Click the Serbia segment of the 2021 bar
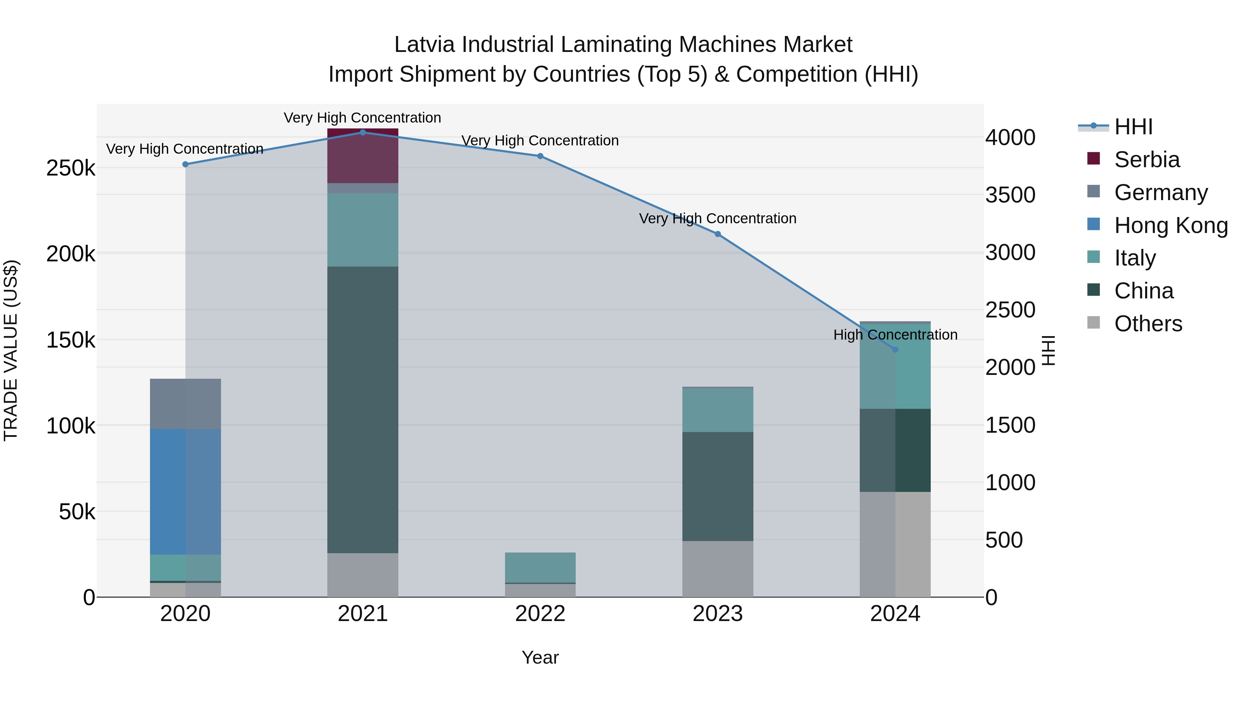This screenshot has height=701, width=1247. (363, 156)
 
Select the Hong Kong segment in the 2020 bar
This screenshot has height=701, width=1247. (185, 492)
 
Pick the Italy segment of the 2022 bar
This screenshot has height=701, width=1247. (540, 567)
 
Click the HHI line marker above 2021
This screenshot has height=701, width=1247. (363, 133)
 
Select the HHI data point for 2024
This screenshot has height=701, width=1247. (895, 349)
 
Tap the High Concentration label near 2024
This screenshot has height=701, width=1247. (895, 335)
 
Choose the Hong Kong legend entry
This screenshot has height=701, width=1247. (1170, 225)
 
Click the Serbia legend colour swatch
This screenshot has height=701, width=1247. (1093, 159)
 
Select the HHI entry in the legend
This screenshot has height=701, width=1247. (1133, 127)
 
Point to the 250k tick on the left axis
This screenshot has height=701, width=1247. (71, 168)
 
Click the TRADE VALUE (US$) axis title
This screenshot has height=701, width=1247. (11, 350)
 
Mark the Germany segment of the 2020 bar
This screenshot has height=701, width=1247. (185, 404)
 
